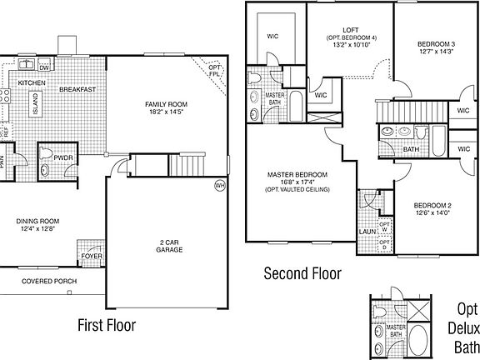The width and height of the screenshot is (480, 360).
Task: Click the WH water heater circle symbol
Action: coord(220,185)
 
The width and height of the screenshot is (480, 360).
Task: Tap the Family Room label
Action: coord(165,103)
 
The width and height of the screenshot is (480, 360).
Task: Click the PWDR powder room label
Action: coord(64,157)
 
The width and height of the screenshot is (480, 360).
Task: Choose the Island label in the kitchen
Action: coord(35,104)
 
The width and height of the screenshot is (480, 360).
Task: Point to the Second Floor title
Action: coord(302,273)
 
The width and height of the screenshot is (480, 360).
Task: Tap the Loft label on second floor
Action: coord(350,28)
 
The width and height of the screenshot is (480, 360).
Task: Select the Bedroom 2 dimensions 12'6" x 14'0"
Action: coord(433,213)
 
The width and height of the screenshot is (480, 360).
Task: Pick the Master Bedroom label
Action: coord(297,174)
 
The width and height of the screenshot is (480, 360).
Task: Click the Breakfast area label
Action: coord(77,89)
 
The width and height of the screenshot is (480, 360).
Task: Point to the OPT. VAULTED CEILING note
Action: coord(297,190)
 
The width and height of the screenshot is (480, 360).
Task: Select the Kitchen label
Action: coord(32,83)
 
